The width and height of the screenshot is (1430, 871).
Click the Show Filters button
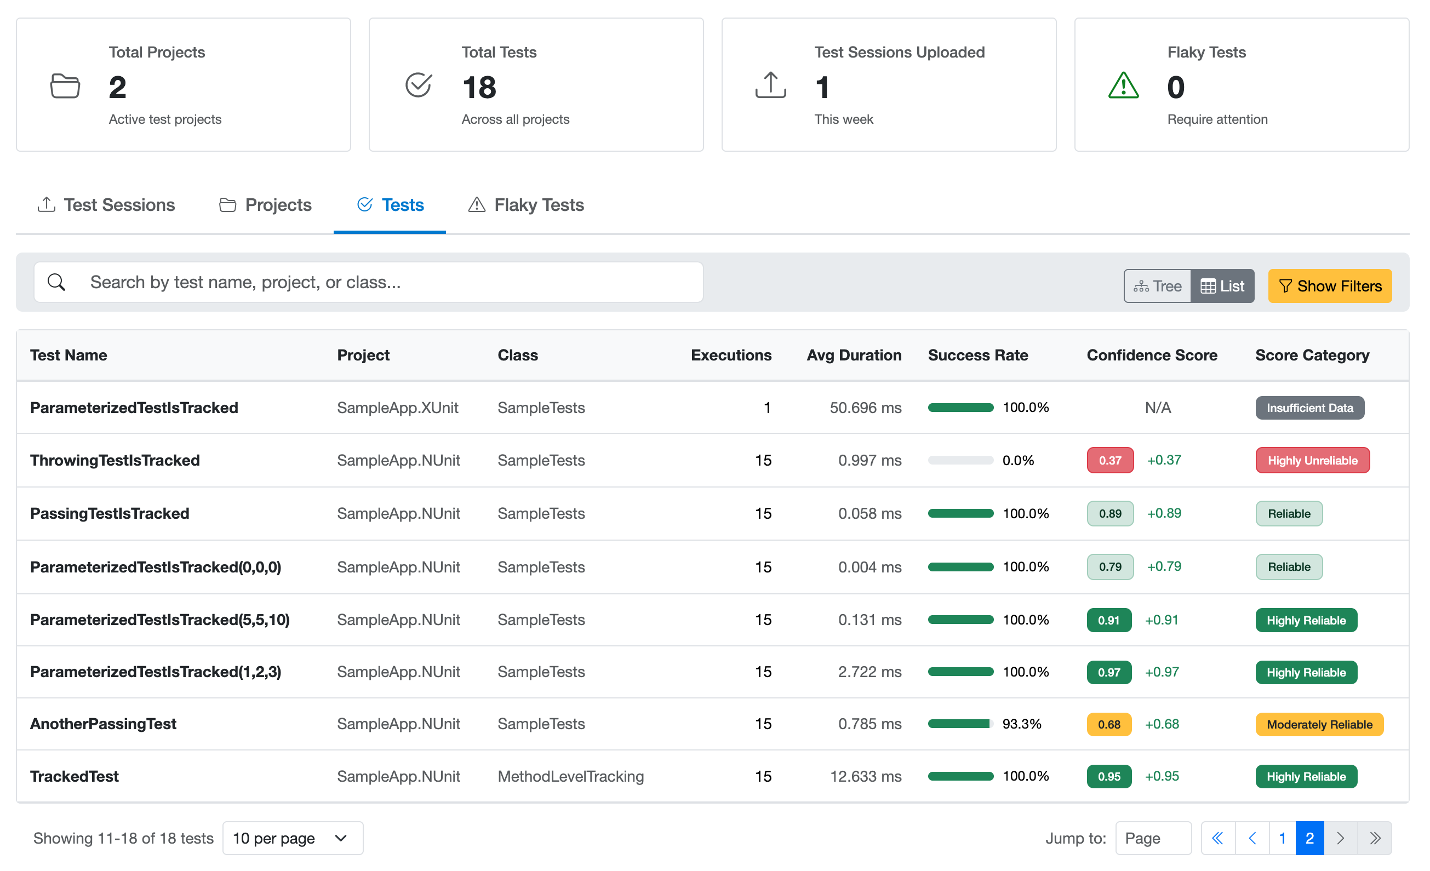(1329, 286)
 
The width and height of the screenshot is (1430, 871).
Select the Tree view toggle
(1157, 286)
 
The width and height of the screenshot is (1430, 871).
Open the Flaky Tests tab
(526, 205)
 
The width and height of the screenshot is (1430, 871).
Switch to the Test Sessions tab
(106, 205)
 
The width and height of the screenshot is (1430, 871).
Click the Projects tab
(265, 205)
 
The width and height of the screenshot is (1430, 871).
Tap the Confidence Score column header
(1152, 355)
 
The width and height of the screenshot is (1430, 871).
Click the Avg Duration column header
(854, 355)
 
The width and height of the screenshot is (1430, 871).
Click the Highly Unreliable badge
(1312, 460)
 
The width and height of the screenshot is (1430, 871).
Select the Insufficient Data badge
(1309, 408)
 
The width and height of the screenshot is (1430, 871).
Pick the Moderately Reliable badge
(1319, 724)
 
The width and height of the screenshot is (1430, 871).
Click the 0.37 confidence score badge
(1109, 460)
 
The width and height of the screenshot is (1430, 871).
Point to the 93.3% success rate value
(1021, 724)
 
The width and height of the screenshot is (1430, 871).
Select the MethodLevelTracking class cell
(570, 776)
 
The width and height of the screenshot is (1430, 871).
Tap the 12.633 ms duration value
(865, 776)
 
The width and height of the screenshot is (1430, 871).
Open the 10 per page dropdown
(293, 838)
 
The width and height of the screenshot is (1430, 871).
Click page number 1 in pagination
(1282, 838)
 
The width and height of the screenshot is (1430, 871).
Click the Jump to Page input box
(1153, 838)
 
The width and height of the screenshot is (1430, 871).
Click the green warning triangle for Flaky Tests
(1123, 86)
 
